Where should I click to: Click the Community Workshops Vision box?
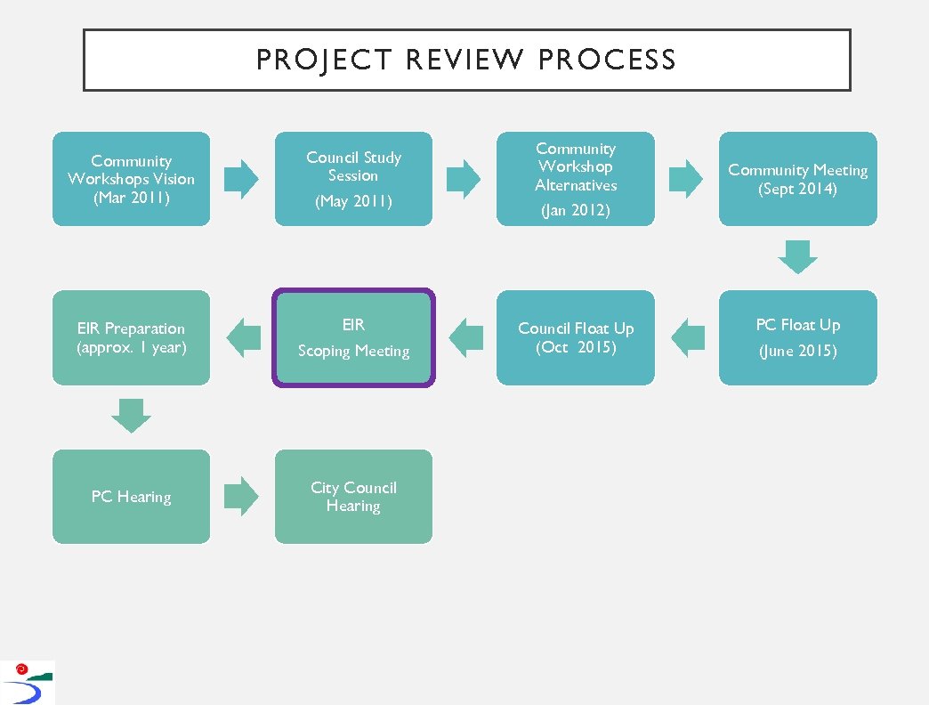point(132,179)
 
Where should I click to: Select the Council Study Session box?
point(353,179)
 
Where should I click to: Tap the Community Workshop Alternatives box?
point(576,179)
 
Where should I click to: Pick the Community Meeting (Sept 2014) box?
point(797,179)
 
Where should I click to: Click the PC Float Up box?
point(797,337)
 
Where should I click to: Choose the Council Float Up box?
point(576,337)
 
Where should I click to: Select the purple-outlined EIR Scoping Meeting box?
point(353,337)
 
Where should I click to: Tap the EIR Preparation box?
point(132,337)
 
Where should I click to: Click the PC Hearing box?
point(132,497)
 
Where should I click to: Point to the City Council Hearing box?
point(353,497)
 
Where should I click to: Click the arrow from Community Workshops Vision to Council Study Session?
point(241,179)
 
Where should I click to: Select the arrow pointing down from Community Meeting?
point(797,256)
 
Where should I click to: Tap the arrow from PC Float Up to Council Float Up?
point(688,337)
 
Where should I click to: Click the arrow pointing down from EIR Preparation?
point(132,416)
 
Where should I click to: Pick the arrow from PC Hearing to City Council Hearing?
point(241,497)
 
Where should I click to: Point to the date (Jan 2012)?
point(576,211)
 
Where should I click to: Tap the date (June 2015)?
point(797,351)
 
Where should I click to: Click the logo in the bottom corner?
point(27,683)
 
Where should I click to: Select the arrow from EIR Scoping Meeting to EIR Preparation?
point(243,337)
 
